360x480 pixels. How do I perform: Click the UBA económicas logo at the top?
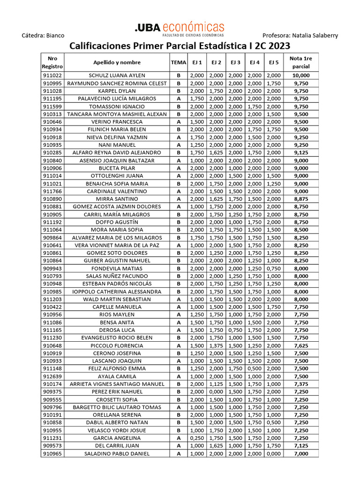pyautogui.click(x=180, y=29)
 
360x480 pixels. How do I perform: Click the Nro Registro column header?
pyautogui.click(x=52, y=62)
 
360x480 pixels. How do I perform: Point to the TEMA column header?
pyautogui.click(x=178, y=62)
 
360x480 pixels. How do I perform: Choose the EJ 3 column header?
pyautogui.click(x=235, y=62)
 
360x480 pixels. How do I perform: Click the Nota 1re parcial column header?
pyautogui.click(x=300, y=62)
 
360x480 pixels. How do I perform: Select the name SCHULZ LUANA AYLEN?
pyautogui.click(x=117, y=75)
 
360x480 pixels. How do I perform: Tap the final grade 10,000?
pyautogui.click(x=300, y=75)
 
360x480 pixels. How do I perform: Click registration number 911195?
pyautogui.click(x=52, y=98)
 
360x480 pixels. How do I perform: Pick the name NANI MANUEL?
pyautogui.click(x=117, y=145)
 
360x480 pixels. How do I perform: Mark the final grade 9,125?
pyautogui.click(x=300, y=153)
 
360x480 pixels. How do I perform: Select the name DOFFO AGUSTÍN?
pyautogui.click(x=117, y=222)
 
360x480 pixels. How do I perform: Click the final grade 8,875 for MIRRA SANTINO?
pyautogui.click(x=300, y=199)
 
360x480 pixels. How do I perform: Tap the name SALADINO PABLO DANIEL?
pyautogui.click(x=117, y=454)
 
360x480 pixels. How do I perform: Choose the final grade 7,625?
pyautogui.click(x=300, y=345)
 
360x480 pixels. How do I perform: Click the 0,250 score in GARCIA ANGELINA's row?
pyautogui.click(x=196, y=438)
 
